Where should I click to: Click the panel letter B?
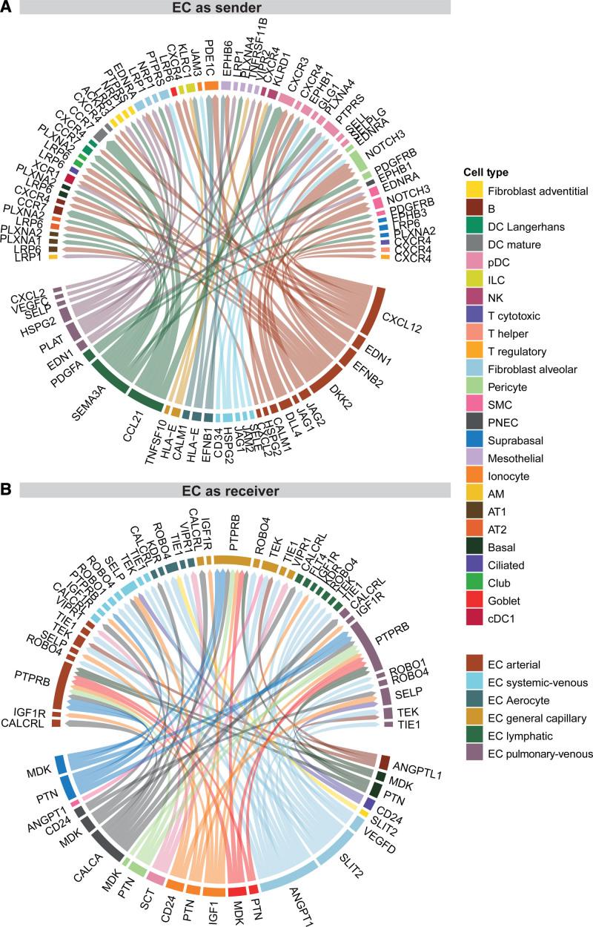(7, 490)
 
